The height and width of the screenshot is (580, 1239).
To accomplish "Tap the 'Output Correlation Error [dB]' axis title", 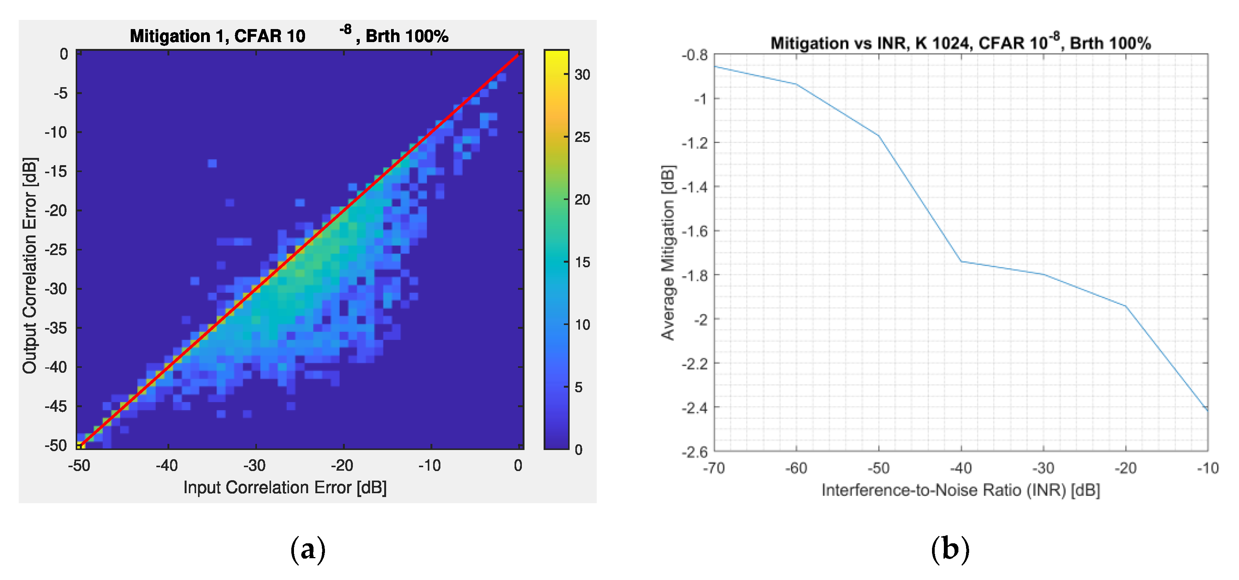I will click(30, 265).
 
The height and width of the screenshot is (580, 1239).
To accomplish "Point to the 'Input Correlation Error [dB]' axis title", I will click(285, 487).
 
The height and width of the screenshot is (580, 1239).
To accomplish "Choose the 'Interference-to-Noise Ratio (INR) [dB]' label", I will click(961, 490).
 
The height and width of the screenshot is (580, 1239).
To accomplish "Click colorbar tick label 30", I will click(583, 75).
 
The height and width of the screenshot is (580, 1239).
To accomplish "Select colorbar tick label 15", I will click(583, 262).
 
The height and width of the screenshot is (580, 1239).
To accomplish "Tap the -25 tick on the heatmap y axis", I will click(56, 250).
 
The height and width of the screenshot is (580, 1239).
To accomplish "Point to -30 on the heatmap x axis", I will click(255, 466).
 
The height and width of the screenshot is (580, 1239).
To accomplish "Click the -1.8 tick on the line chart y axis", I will click(695, 275).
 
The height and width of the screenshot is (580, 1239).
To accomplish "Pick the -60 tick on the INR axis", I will click(796, 468).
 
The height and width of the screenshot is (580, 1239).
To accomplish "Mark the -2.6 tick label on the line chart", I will click(695, 452).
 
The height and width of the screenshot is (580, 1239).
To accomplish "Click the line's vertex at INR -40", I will click(961, 262).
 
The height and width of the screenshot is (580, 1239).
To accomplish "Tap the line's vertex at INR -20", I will click(1125, 306).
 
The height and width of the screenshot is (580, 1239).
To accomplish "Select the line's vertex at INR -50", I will click(879, 136).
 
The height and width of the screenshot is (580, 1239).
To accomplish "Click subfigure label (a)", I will click(308, 549).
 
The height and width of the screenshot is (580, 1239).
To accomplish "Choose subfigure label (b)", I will click(950, 549).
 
